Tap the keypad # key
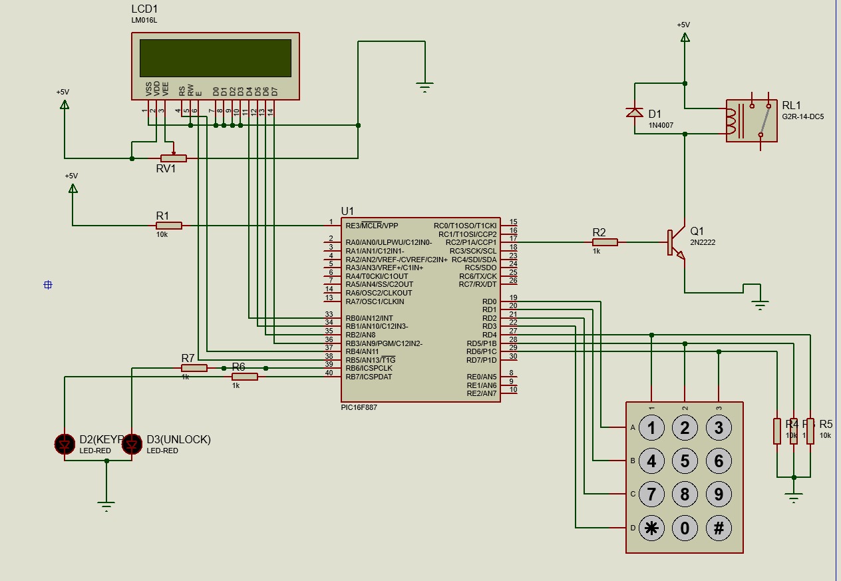coord(719,528)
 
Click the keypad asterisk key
coord(651,528)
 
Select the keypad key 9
coord(719,494)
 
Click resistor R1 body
coord(169,226)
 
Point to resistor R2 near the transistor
coord(605,242)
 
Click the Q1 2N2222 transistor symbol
coord(675,243)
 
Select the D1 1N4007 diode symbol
coord(635,112)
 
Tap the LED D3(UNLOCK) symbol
coord(132,443)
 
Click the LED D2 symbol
coord(65,443)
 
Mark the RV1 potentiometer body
coord(174,158)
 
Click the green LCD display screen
coord(215,58)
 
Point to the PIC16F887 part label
coord(359,407)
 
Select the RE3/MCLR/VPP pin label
coord(372,226)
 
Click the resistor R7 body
coord(194,368)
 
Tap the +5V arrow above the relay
coord(685,37)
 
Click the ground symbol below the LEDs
coord(106,504)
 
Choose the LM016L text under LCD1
coord(144,21)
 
